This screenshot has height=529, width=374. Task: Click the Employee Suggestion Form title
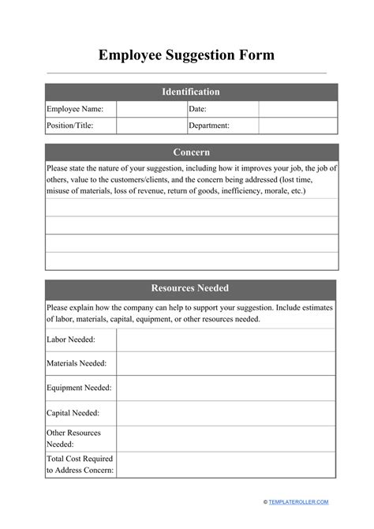pos(187,55)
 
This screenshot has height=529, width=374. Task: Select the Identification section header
pos(191,92)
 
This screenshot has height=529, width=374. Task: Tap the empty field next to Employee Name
pos(151,109)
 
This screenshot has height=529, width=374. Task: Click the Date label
pos(198,109)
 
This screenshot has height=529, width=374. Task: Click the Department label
pos(209,126)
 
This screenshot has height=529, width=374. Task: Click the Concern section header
pos(191,152)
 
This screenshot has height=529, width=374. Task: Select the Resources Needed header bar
pos(191,288)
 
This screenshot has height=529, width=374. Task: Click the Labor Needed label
pos(71,340)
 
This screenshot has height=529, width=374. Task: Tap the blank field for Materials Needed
pos(226,363)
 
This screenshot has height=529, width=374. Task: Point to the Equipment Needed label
pos(79,388)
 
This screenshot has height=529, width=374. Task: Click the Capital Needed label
pos(73,412)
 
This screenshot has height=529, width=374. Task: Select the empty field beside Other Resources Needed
pos(226,438)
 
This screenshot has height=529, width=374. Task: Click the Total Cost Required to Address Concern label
pos(80,464)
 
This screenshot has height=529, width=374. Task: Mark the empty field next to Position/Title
pos(151,126)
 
